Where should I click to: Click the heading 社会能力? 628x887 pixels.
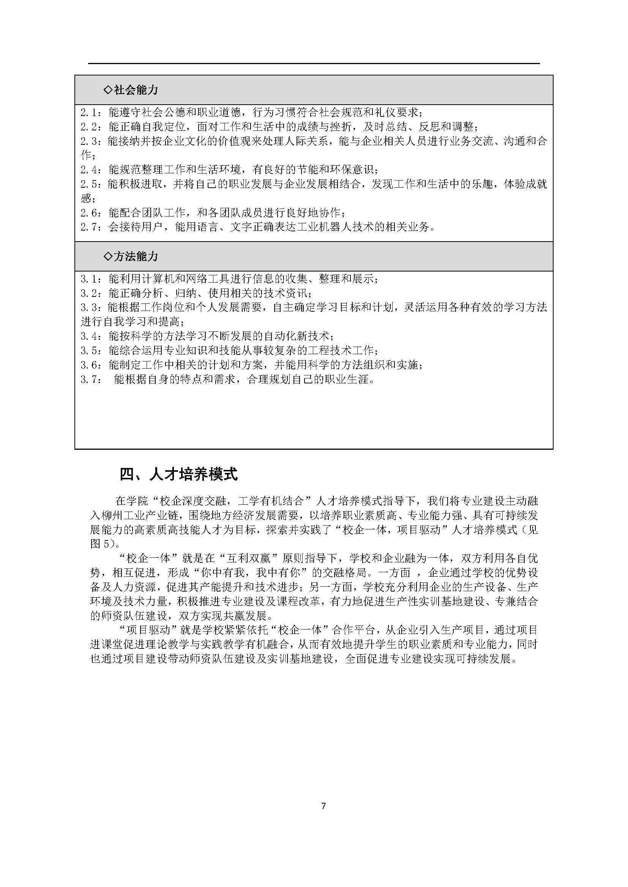(x=135, y=90)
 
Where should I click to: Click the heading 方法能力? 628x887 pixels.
(x=135, y=257)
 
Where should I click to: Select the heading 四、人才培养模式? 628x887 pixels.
(x=178, y=474)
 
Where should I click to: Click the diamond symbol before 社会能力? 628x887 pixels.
(x=108, y=90)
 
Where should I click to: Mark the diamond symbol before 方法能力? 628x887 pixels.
(x=108, y=257)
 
